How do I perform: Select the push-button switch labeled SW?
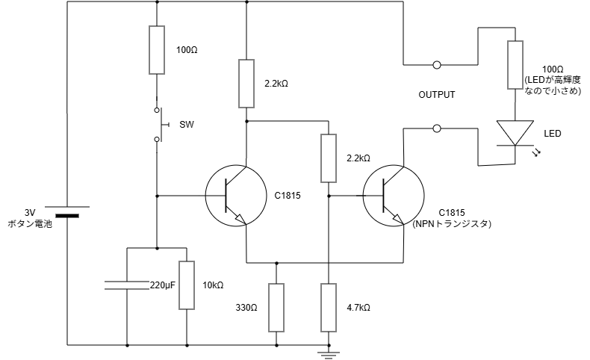158,124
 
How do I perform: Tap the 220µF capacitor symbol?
127,284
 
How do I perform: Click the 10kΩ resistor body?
187,285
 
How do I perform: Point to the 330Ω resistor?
276,308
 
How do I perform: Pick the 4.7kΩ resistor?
329,308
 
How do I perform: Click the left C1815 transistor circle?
236,196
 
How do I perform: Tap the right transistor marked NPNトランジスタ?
393,196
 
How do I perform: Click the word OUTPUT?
437,96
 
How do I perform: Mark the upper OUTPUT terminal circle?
437,65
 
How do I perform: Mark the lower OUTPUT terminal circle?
437,128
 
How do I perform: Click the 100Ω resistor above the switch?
157,49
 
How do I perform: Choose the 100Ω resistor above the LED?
515,64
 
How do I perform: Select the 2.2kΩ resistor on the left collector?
246,84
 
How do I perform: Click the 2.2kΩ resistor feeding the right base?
329,158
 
